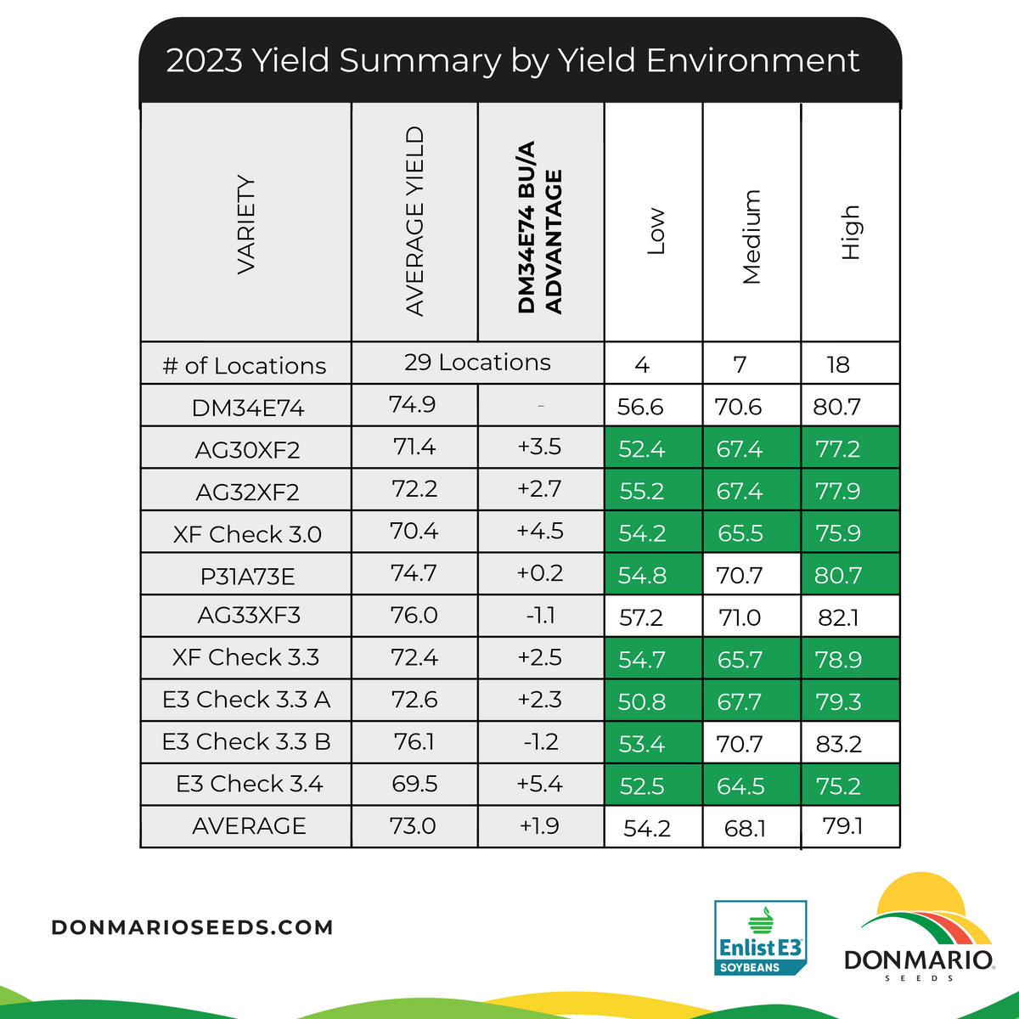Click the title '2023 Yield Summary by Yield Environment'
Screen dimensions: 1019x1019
tap(512, 61)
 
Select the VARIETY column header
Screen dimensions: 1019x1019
tap(246, 225)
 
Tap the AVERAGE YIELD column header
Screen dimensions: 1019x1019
tap(415, 222)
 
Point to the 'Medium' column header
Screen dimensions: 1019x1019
tap(751, 237)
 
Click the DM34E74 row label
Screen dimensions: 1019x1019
tap(248, 408)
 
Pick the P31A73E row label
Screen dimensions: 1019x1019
tap(247, 577)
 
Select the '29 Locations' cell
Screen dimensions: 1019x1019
tap(477, 363)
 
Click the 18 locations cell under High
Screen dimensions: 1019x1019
tap(838, 364)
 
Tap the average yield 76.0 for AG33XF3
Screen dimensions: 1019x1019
tap(414, 615)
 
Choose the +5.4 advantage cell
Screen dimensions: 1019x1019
tap(540, 783)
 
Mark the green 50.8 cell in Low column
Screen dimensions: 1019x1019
tap(641, 701)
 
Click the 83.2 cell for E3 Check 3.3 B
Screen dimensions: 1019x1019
tap(839, 744)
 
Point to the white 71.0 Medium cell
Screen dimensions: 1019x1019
tap(740, 617)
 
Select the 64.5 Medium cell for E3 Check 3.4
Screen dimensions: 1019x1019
tap(740, 786)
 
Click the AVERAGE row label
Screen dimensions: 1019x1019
tap(249, 825)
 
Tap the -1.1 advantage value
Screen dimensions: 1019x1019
tap(540, 615)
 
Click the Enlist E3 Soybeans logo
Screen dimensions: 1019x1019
tap(760, 937)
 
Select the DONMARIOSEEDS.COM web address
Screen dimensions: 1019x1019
tap(192, 927)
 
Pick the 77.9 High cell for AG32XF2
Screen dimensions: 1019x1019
tap(838, 491)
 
